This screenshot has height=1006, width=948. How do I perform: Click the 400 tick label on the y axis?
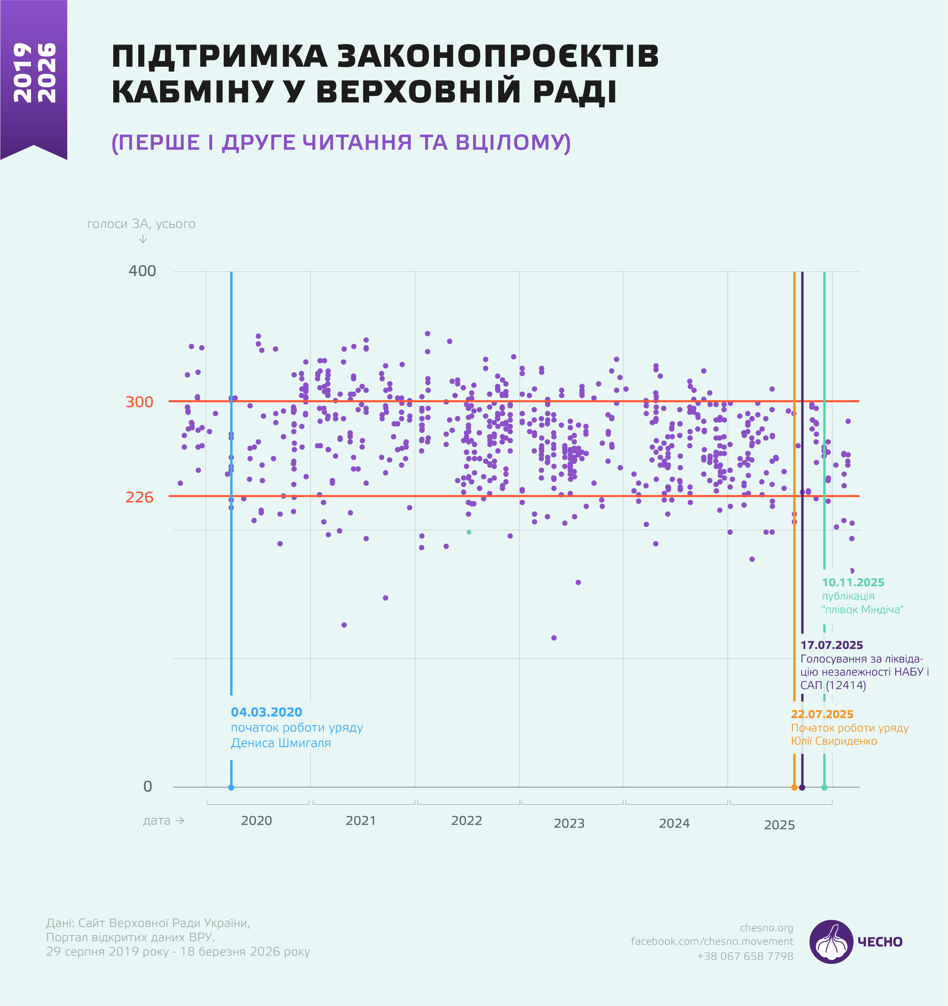142,271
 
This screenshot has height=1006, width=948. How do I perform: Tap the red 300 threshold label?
139,402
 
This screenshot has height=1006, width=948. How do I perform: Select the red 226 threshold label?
139,497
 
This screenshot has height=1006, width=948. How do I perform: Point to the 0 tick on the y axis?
147,786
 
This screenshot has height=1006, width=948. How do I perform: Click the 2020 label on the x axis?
256,820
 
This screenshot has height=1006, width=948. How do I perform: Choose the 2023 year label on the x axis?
569,823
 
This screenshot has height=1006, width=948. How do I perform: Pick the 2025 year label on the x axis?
779,825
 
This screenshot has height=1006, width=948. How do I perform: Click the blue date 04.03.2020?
266,712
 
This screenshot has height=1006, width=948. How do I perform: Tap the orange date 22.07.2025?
822,714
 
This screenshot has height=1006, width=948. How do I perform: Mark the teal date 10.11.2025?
853,583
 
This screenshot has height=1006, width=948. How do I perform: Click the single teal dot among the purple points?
469,532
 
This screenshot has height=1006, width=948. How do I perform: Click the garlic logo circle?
831,942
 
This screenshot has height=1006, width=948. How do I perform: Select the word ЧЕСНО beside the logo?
880,942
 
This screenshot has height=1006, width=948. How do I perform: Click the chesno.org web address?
766,928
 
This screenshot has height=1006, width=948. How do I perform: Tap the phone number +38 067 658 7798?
745,956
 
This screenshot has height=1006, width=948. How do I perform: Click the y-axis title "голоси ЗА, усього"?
141,224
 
